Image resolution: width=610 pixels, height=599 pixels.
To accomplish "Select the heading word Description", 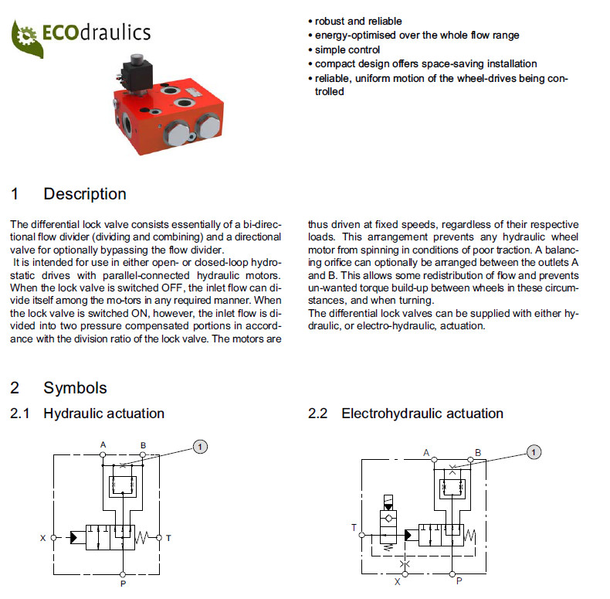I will pos(85,194).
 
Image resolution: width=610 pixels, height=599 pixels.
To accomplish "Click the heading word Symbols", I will pos(75,388).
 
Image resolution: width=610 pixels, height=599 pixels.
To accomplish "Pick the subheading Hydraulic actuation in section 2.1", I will pos(103,414).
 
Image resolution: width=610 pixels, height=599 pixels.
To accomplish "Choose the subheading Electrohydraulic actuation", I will pos(422,414).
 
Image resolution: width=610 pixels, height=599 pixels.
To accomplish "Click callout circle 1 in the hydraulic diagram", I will pos(199,446).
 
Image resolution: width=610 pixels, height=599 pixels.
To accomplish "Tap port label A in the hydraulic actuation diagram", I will pos(103,444).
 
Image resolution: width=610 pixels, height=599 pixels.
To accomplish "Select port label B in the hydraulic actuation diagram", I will pos(144,444).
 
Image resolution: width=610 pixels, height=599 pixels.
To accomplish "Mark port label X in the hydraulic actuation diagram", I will pos(43,537).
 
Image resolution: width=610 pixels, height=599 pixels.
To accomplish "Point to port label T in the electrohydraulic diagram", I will pos(354,528).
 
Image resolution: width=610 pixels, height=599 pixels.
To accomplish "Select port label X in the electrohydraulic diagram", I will pos(398,582).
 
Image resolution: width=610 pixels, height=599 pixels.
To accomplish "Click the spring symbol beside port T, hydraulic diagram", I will pos(145,536).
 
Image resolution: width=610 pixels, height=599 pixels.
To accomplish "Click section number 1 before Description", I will pos(15,194).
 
